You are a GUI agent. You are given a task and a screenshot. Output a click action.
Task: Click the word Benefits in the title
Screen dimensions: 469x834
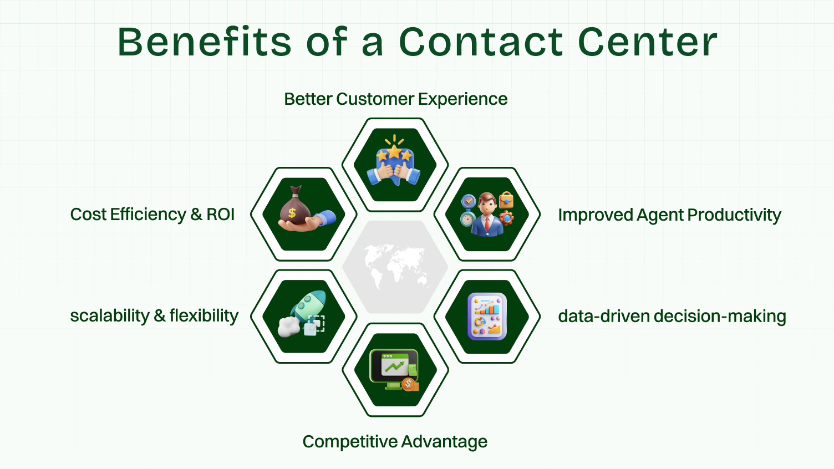point(204,42)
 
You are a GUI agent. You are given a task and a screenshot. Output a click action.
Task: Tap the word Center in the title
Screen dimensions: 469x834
point(647,42)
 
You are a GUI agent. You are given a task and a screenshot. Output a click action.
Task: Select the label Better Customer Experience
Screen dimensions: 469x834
point(395,99)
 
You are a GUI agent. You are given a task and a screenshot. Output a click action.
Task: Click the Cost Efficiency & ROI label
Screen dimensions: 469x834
point(152,215)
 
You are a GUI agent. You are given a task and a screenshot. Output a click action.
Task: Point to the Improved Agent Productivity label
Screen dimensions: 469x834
point(669,215)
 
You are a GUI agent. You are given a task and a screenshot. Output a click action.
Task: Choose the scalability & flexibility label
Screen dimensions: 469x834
point(154,316)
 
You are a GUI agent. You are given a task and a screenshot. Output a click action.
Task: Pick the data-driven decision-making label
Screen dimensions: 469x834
point(672,317)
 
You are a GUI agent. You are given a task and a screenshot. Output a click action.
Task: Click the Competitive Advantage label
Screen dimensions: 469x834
point(395,442)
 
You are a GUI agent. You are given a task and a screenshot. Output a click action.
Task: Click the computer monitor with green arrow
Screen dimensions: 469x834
point(394,366)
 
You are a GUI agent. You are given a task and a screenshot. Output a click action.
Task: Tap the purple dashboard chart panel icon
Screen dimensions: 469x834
point(487,317)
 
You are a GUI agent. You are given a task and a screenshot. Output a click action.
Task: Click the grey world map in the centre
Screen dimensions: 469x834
point(395,266)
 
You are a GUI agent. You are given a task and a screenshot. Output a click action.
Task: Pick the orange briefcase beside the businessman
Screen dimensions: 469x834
point(506,200)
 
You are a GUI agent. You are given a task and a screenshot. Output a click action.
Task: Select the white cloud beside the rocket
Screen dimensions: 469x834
point(288,327)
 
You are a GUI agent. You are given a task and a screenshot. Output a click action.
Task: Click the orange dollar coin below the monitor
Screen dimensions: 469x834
point(409,384)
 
